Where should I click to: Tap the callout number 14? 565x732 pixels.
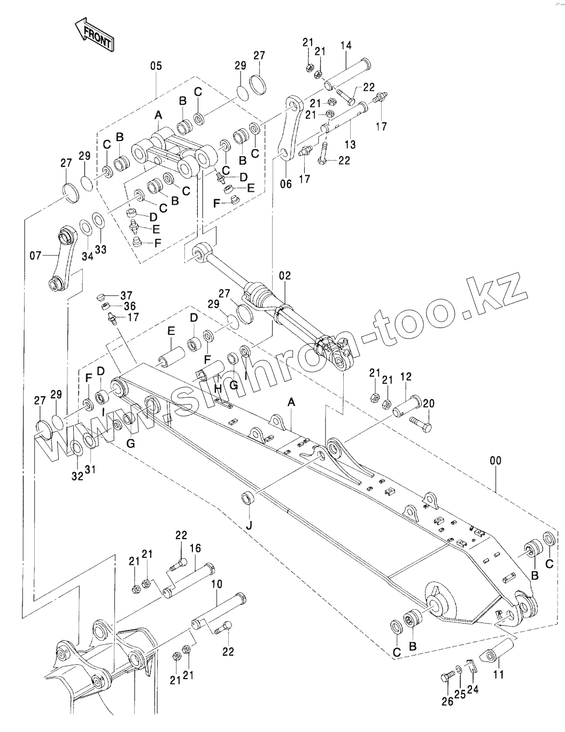tap(345, 45)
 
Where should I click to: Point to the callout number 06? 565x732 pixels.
tap(286, 184)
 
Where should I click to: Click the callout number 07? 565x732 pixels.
tap(36, 256)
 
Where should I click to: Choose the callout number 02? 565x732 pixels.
tap(285, 276)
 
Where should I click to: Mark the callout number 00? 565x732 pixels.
tap(497, 460)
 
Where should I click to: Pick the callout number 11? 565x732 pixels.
tap(498, 674)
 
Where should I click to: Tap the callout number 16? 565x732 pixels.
tap(195, 548)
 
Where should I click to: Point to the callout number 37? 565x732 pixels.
tap(126, 295)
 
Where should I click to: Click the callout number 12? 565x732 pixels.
tap(406, 377)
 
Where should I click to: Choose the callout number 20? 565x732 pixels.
tap(429, 403)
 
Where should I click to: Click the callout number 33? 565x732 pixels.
tap(100, 249)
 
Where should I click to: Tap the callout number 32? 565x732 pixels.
tap(78, 477)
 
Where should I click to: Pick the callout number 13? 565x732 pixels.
tap(350, 144)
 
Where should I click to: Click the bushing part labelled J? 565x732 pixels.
tap(249, 499)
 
